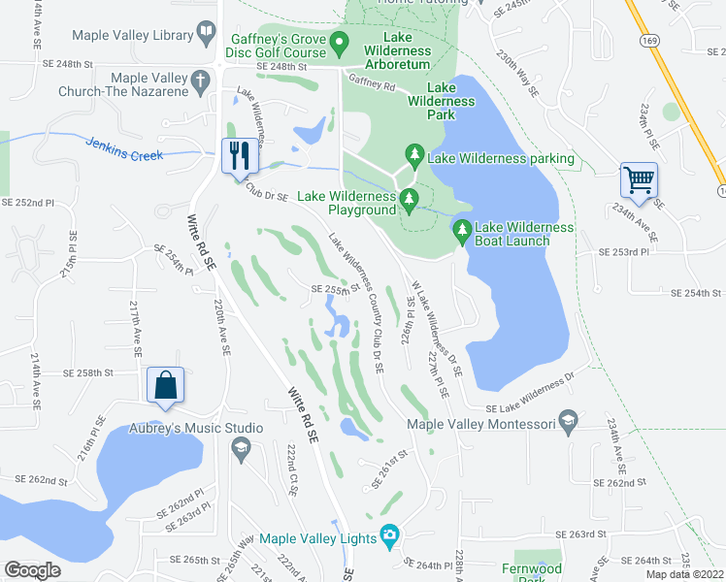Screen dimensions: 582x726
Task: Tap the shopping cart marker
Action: (639, 179)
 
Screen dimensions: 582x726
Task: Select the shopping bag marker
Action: (164, 384)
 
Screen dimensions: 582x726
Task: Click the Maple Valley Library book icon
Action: (206, 36)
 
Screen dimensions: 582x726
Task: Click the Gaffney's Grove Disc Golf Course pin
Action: (339, 42)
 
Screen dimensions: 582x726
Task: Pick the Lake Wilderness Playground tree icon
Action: (409, 201)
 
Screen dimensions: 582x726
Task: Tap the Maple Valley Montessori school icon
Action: (568, 422)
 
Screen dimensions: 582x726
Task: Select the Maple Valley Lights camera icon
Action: (390, 534)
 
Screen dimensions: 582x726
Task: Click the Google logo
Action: (32, 570)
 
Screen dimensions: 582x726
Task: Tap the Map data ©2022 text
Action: (685, 574)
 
